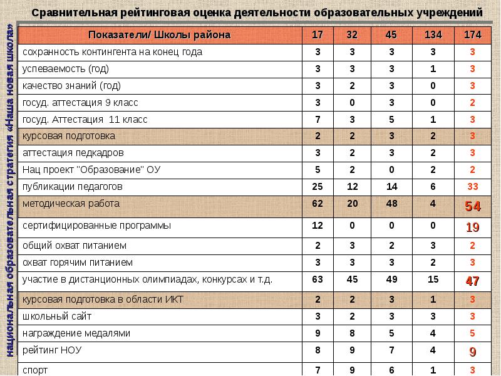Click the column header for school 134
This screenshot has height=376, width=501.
pos(432,35)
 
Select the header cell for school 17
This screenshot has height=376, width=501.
pos(318,35)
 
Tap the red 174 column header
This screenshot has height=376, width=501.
pos(472,35)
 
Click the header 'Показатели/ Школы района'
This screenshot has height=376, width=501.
pos(160,35)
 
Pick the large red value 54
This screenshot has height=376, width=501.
pos(472,206)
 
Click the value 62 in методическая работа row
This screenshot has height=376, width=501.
pos(318,204)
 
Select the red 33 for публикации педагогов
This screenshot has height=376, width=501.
pos(472,187)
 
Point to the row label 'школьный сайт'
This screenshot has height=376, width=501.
pos(51,316)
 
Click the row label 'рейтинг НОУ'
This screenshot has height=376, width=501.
pos(52,350)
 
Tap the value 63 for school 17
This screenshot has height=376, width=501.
pos(318,279)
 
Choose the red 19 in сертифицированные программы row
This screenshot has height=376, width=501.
pos(472,227)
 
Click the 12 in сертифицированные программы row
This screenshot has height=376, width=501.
pos(318,225)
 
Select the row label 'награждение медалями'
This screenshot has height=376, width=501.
pos(76,333)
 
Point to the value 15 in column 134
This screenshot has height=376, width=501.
pos(432,279)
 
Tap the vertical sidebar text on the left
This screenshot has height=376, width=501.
pos(10,188)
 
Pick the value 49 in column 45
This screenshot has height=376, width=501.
pos(392,279)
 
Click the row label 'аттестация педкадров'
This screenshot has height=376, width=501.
pos(73,152)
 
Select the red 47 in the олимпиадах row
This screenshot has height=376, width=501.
pos(472,281)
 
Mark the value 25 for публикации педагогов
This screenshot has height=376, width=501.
pos(318,187)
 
